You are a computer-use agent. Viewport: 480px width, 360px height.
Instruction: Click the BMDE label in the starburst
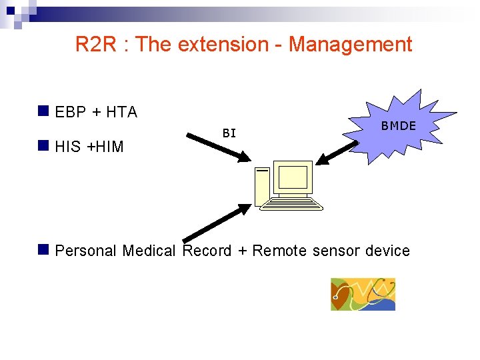pyautogui.click(x=398, y=126)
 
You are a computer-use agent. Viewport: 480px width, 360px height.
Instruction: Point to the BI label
pyautogui.click(x=229, y=133)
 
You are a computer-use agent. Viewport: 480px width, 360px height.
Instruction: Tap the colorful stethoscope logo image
pyautogui.click(x=363, y=294)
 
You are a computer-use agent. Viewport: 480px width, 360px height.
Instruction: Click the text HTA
pyautogui.click(x=121, y=113)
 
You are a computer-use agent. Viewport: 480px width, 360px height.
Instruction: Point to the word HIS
pyautogui.click(x=69, y=147)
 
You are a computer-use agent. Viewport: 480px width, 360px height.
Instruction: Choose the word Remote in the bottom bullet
pyautogui.click(x=279, y=251)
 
